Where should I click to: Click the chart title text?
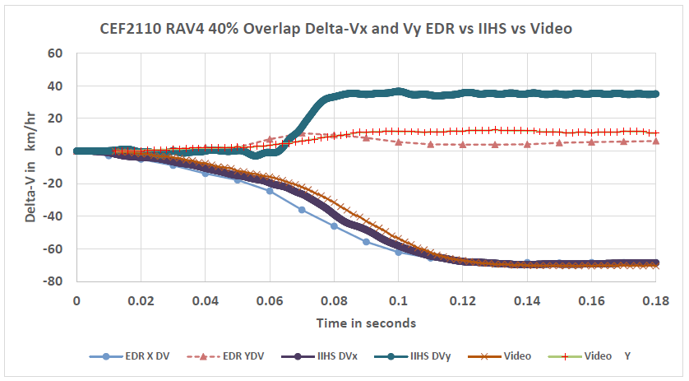click(x=336, y=29)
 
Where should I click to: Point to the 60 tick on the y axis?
click(x=56, y=53)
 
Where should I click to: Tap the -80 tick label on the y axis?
click(x=53, y=281)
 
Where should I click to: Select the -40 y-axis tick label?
click(x=53, y=216)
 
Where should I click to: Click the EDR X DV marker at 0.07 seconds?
click(x=302, y=210)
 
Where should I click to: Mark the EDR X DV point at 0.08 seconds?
click(x=334, y=225)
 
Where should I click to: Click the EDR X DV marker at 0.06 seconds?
click(x=270, y=191)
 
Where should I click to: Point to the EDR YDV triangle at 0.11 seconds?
click(x=431, y=144)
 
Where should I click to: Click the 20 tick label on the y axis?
click(x=56, y=118)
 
